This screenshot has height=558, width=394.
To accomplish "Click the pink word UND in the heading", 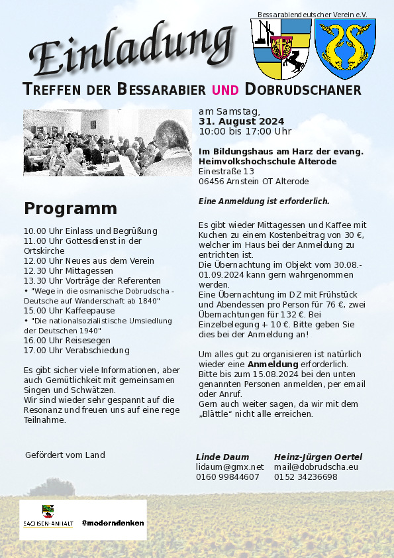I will (x=226, y=90).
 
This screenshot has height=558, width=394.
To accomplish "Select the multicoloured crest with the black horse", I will (x=281, y=48).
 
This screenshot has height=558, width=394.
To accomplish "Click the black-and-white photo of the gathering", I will (x=107, y=143).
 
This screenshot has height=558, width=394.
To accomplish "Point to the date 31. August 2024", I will (x=241, y=121).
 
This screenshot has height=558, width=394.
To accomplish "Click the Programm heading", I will (x=70, y=209).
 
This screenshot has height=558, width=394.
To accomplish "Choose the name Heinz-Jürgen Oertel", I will (x=318, y=457).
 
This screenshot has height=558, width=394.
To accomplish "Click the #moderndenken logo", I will (x=113, y=523).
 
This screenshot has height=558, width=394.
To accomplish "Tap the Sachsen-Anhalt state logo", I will (x=48, y=518).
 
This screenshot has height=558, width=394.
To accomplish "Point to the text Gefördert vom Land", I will (x=65, y=455).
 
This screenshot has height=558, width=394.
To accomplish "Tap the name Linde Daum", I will (x=222, y=457).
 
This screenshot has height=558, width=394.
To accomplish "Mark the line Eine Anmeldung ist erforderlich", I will (x=264, y=201).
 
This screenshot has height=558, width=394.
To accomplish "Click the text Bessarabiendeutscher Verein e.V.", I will (x=312, y=14).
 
